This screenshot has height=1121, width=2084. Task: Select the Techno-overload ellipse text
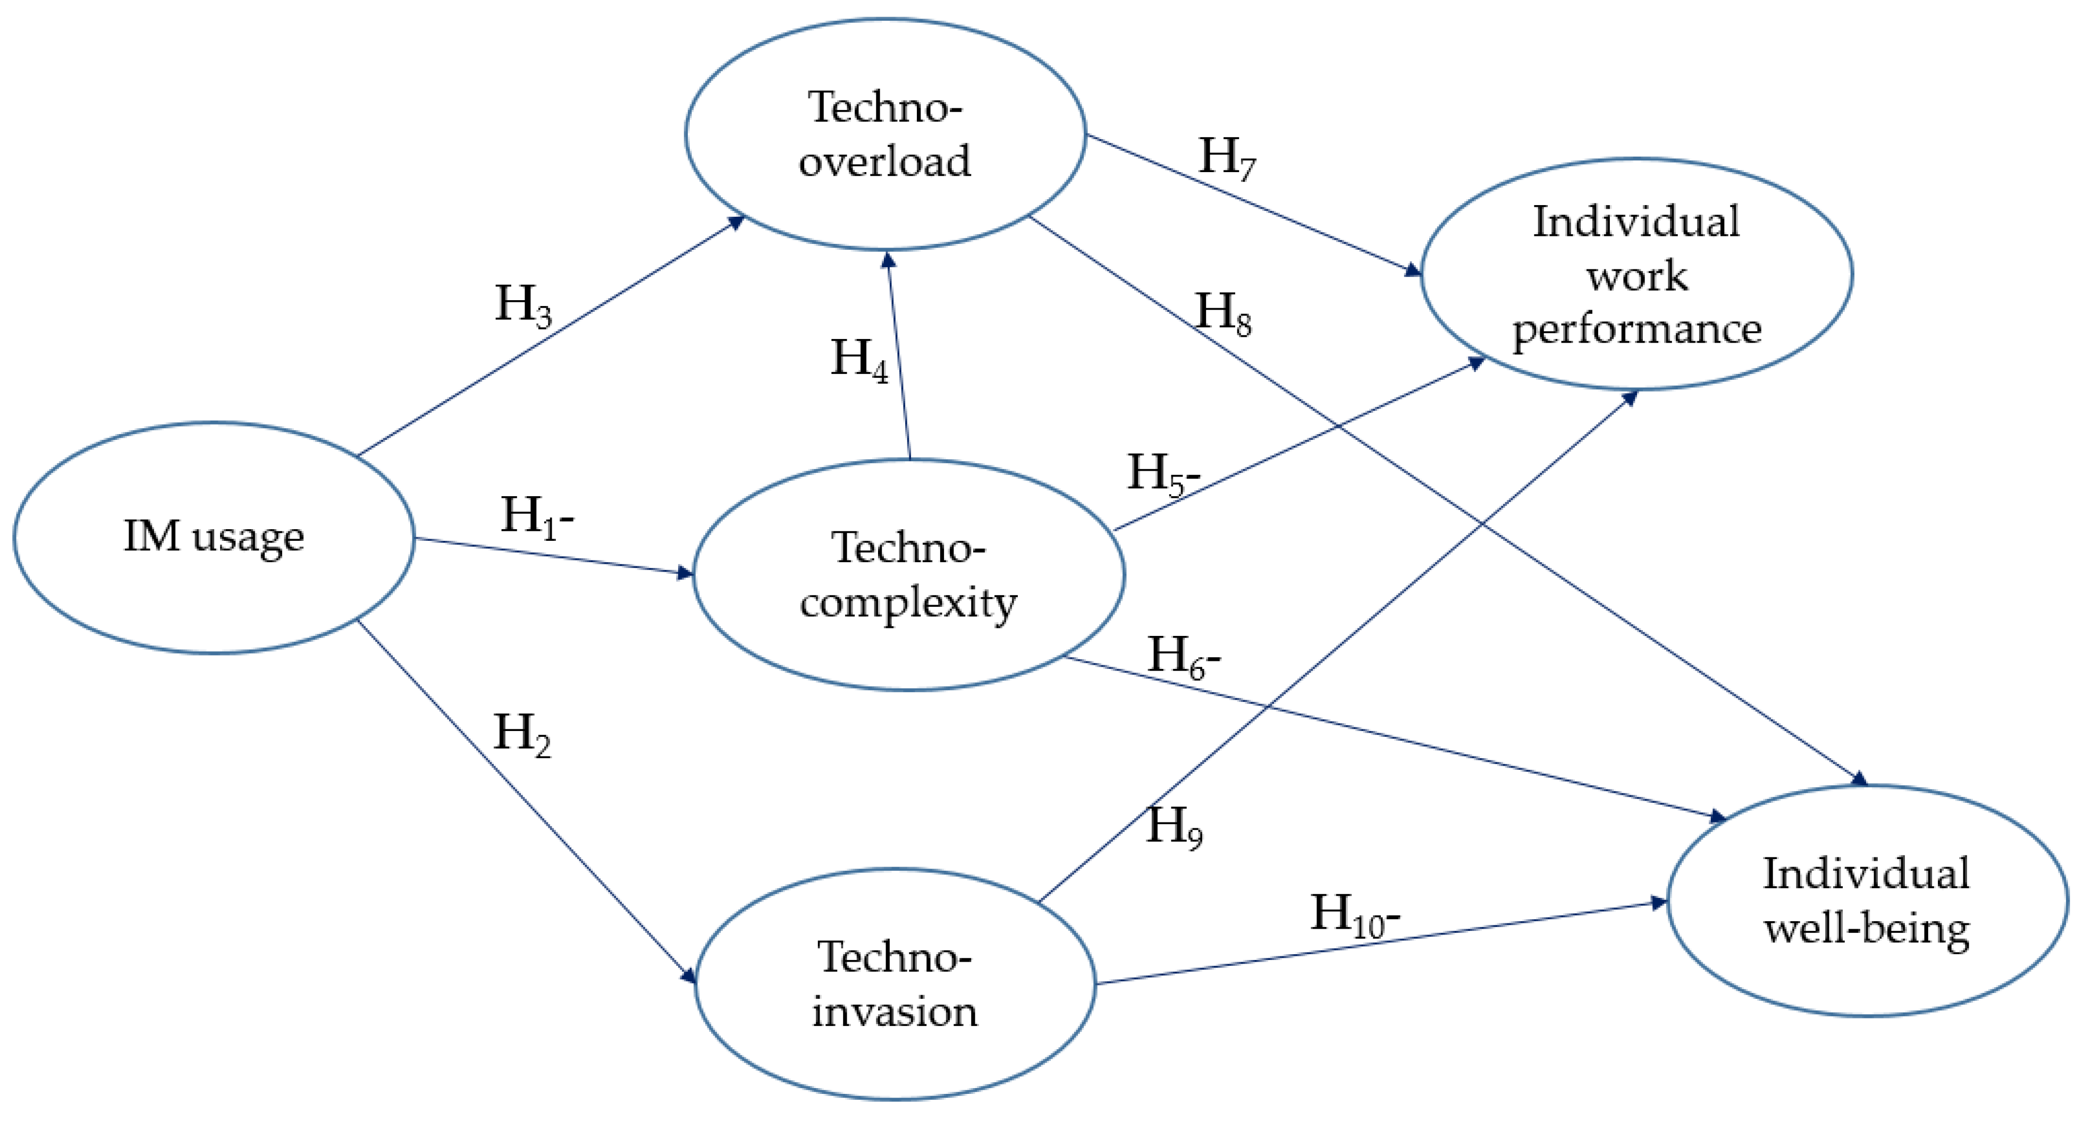pyautogui.click(x=885, y=133)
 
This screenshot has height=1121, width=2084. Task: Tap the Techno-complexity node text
pyautogui.click(x=908, y=575)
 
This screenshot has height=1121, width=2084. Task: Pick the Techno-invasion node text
pyautogui.click(x=895, y=984)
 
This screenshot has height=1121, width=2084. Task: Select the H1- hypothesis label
pyautogui.click(x=536, y=516)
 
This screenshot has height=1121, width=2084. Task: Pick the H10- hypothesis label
pyautogui.click(x=1354, y=915)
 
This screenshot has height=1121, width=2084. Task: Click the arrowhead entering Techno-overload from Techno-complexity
pyautogui.click(x=888, y=259)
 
